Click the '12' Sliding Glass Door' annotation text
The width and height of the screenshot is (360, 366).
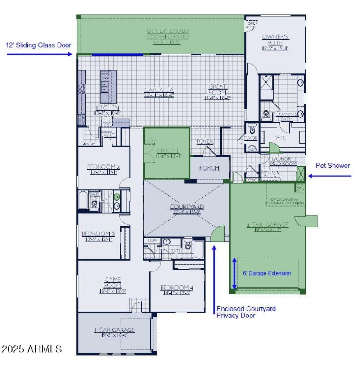tap(38, 45)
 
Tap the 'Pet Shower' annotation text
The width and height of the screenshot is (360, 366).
tap(333, 166)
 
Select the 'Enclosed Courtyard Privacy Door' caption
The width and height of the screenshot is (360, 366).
tap(246, 312)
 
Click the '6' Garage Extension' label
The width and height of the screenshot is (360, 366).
tap(267, 273)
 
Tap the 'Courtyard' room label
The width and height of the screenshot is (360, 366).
tap(187, 207)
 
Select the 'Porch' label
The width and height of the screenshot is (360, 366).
tap(209, 168)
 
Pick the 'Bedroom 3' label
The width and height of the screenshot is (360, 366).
tap(98, 234)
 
